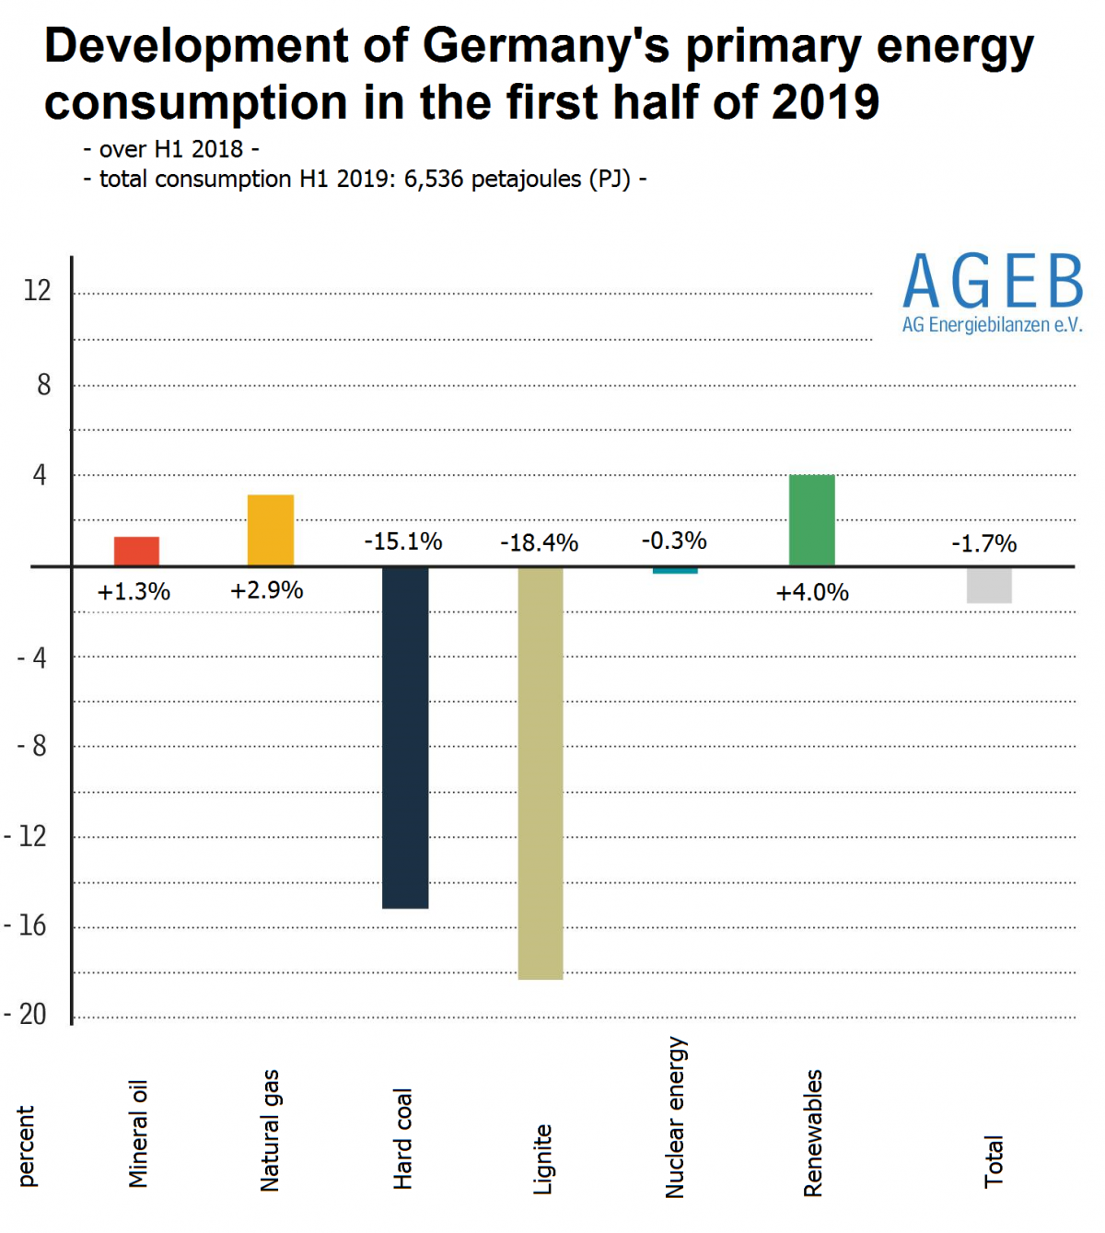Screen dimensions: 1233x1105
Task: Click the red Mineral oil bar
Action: point(136,551)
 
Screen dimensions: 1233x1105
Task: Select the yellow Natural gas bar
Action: point(271,530)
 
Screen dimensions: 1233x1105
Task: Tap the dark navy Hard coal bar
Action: point(405,737)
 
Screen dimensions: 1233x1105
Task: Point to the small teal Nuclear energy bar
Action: point(675,571)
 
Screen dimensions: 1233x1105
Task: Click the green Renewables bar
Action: point(812,520)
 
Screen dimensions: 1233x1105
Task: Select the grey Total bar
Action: point(989,585)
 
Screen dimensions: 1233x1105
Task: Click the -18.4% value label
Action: point(539,543)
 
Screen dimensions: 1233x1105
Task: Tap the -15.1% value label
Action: point(403,541)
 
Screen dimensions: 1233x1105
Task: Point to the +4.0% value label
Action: point(812,592)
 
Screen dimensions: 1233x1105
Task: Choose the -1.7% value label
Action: point(983,544)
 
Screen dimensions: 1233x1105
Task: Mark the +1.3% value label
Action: point(134,592)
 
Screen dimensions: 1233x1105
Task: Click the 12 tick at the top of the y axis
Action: point(37,291)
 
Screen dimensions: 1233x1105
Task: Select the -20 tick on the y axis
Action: point(26,1015)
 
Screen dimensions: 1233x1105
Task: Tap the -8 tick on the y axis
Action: point(32,746)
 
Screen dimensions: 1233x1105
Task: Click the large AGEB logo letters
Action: point(993,283)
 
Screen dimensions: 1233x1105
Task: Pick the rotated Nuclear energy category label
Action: point(675,1117)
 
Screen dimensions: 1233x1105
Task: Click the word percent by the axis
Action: point(26,1146)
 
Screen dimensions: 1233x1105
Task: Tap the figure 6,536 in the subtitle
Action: point(433,179)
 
